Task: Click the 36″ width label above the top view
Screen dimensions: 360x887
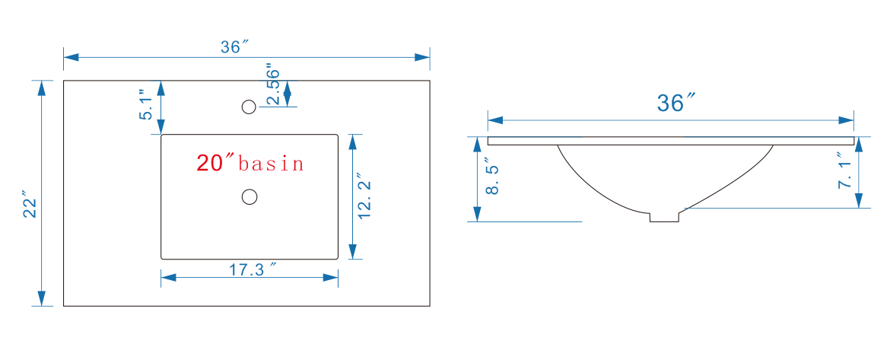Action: click(234, 46)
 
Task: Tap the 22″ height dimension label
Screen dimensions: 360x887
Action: click(29, 204)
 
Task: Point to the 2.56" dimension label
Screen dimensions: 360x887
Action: click(274, 83)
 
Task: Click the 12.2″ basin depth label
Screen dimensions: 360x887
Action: click(364, 197)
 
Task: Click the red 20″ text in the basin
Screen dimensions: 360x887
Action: click(215, 162)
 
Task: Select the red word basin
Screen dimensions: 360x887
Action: click(272, 163)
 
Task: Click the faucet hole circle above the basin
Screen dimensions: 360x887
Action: click(249, 107)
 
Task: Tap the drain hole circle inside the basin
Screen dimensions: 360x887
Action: click(249, 197)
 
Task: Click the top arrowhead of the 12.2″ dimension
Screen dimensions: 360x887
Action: click(352, 142)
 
